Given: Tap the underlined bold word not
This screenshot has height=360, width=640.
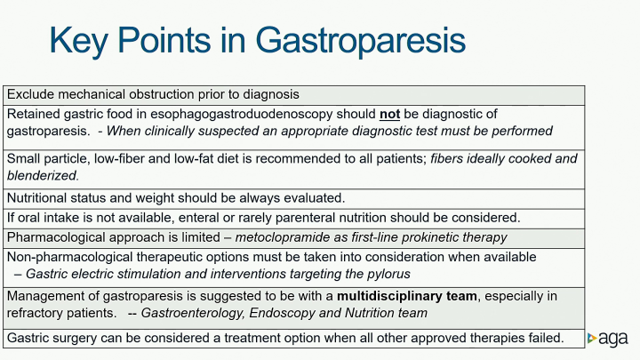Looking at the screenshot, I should pyautogui.click(x=390, y=114).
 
